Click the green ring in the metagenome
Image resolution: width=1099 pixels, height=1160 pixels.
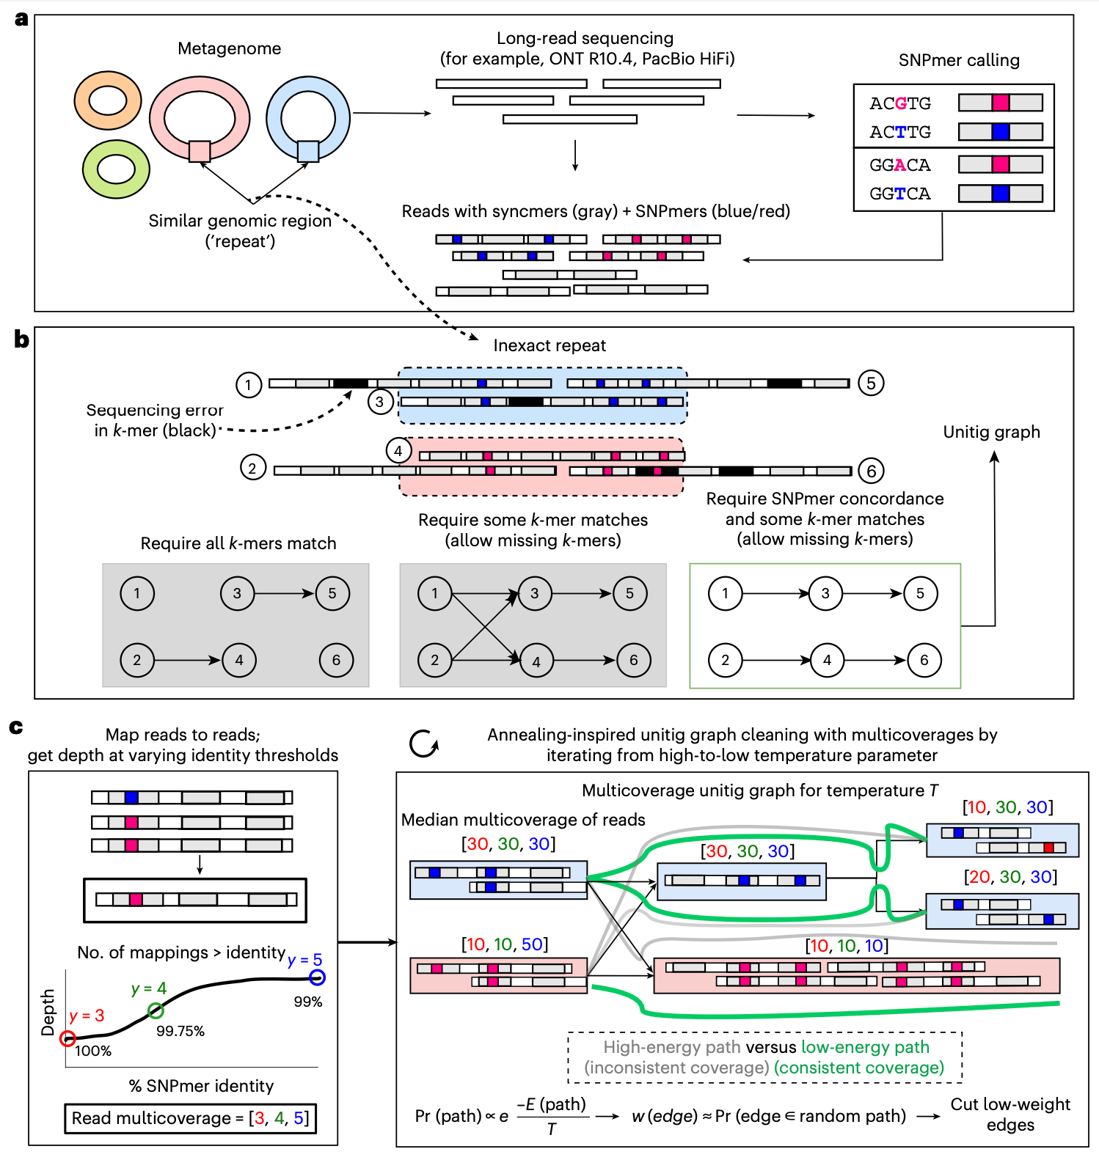[90, 169]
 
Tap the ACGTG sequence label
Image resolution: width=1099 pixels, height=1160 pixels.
[900, 103]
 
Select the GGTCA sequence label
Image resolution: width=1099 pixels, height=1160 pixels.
[900, 194]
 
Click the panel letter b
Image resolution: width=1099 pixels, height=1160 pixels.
[21, 339]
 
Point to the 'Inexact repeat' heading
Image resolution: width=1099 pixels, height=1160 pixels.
[549, 345]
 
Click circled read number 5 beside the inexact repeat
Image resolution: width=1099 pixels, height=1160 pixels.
[871, 383]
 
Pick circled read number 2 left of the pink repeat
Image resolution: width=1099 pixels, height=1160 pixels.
[252, 468]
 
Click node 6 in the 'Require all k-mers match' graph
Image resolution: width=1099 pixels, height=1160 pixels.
[336, 660]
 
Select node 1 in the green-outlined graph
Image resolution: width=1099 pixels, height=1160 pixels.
[725, 593]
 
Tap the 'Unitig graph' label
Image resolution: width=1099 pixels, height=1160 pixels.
[991, 432]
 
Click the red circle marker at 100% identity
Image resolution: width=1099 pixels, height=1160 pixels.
[67, 1038]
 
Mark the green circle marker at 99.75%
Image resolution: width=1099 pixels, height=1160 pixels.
[156, 1011]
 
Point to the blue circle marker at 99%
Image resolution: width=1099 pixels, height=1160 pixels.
[317, 977]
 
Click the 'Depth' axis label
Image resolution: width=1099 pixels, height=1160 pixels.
[48, 1012]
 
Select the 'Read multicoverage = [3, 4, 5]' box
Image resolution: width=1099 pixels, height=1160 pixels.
[191, 1118]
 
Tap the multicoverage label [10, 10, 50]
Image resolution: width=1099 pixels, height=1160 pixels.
[505, 944]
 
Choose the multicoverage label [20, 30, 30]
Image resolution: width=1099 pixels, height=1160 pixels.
[1010, 877]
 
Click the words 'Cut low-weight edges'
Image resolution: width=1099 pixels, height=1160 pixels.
[1010, 1115]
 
